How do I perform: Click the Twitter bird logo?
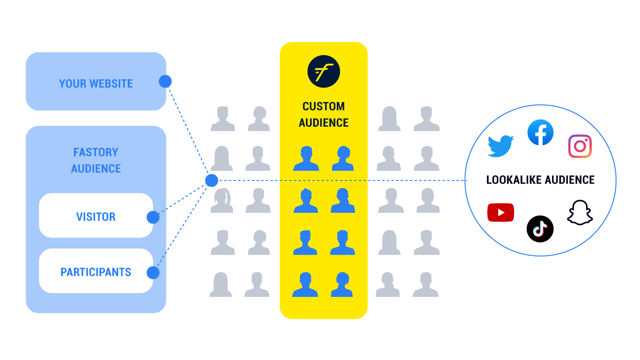(500, 146)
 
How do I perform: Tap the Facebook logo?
(540, 133)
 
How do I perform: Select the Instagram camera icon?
(580, 146)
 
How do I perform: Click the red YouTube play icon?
(501, 212)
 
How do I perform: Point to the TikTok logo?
(540, 229)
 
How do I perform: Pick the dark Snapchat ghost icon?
(580, 213)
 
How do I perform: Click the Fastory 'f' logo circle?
(324, 72)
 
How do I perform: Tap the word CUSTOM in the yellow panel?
(324, 106)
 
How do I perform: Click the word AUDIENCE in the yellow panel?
(324, 123)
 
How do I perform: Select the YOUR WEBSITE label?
(96, 84)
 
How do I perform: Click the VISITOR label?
(96, 217)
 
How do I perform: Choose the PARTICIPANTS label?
(96, 272)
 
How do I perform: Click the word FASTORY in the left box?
(96, 152)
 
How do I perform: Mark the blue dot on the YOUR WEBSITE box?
(165, 82)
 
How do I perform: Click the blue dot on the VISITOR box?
(153, 217)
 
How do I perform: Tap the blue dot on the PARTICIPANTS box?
(153, 273)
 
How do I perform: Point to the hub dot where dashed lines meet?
(212, 180)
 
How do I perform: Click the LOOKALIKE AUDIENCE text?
(540, 180)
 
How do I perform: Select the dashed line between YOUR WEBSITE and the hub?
(188, 130)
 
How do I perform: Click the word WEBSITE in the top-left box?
(111, 84)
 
